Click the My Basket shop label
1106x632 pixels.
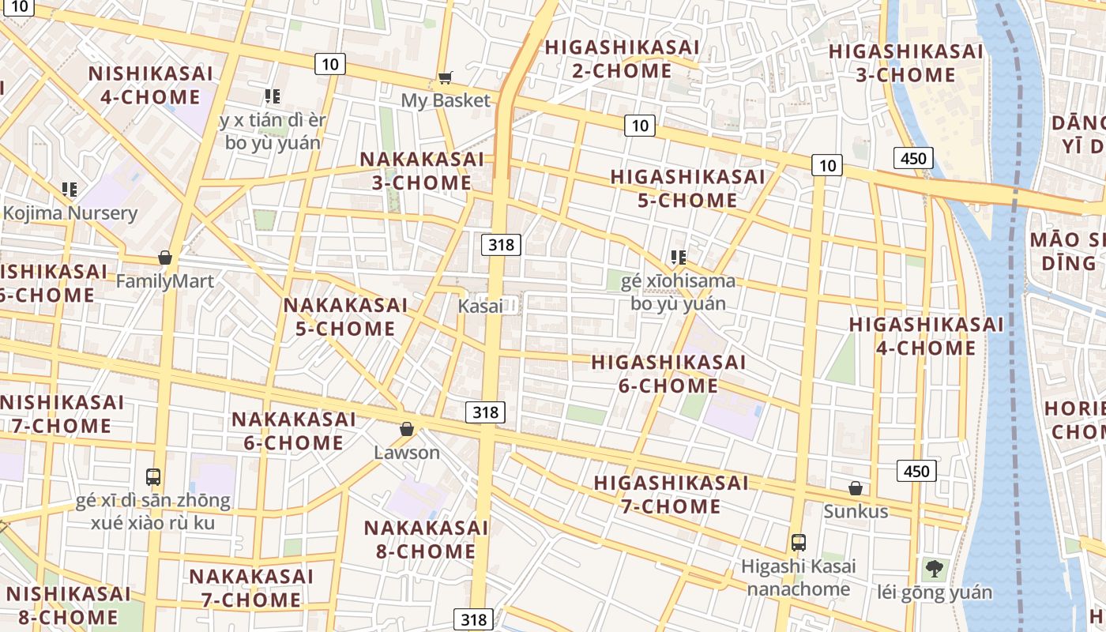click(x=446, y=101)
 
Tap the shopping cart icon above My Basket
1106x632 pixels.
click(x=446, y=77)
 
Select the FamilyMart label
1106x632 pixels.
click(x=164, y=281)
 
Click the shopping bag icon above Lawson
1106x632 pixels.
click(x=407, y=429)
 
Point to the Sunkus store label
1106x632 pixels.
click(x=856, y=511)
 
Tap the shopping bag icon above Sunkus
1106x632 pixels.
click(x=856, y=488)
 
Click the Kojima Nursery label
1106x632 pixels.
click(x=70, y=213)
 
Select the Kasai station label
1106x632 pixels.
click(x=480, y=306)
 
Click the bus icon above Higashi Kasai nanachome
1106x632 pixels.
click(x=799, y=543)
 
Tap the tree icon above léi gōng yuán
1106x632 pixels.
click(x=935, y=568)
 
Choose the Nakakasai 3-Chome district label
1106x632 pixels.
click(x=422, y=171)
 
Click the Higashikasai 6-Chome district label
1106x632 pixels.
click(x=668, y=374)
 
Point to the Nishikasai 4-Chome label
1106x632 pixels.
click(x=150, y=85)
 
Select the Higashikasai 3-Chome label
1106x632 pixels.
click(x=905, y=63)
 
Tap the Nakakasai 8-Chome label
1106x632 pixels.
click(x=426, y=539)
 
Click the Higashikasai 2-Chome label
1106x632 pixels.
click(x=622, y=59)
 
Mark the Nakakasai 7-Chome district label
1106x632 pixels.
click(x=251, y=588)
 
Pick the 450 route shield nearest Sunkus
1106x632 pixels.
click(x=916, y=472)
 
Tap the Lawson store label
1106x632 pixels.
click(x=407, y=453)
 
